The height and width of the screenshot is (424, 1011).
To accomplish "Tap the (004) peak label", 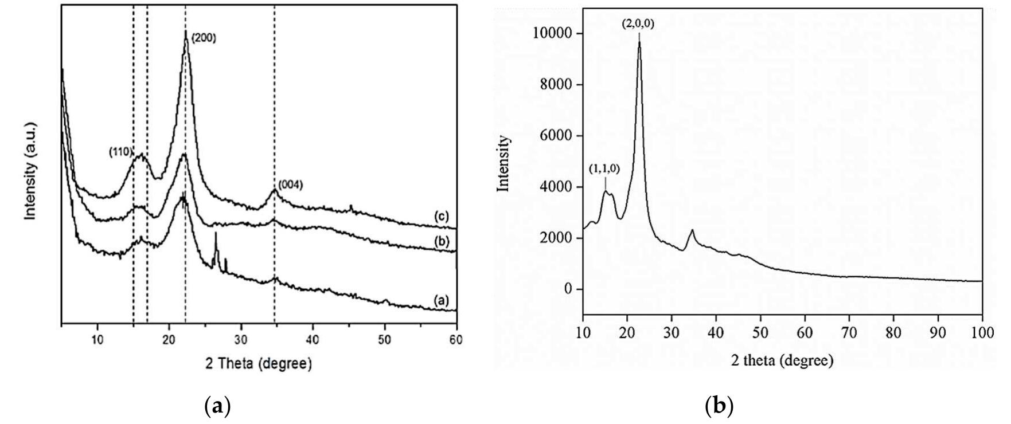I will click(x=290, y=184).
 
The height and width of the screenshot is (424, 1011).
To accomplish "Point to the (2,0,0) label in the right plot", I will click(x=639, y=24).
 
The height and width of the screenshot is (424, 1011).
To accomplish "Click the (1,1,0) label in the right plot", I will click(x=605, y=169).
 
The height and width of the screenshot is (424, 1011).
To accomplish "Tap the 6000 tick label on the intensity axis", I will click(x=556, y=136).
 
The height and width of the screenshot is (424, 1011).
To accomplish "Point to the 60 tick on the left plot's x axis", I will click(x=456, y=339).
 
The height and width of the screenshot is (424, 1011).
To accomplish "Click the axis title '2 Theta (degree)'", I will click(x=259, y=364).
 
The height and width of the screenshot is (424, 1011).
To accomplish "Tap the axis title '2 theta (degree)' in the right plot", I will click(x=782, y=361).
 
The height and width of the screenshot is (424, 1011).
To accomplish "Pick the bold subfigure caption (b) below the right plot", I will click(x=719, y=406).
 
